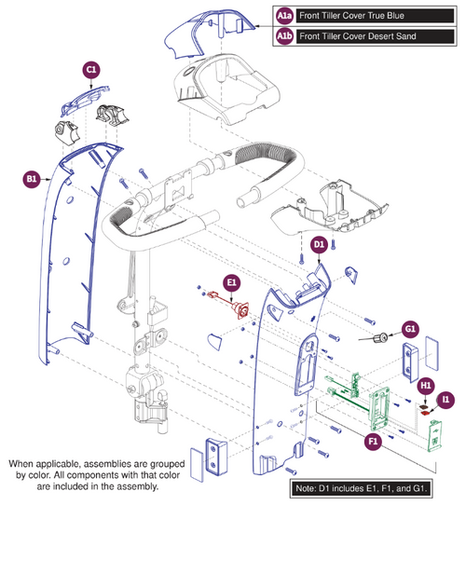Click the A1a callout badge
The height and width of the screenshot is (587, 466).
(x=284, y=17)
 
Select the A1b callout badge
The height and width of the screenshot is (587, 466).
(x=284, y=36)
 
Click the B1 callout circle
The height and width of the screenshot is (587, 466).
(x=31, y=178)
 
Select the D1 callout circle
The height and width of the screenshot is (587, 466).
(x=318, y=244)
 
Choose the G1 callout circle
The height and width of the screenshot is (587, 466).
(x=410, y=328)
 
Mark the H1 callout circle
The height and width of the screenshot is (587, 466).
(x=426, y=384)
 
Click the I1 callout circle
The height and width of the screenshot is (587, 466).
(x=447, y=399)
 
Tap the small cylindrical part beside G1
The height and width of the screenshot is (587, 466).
(x=381, y=335)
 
